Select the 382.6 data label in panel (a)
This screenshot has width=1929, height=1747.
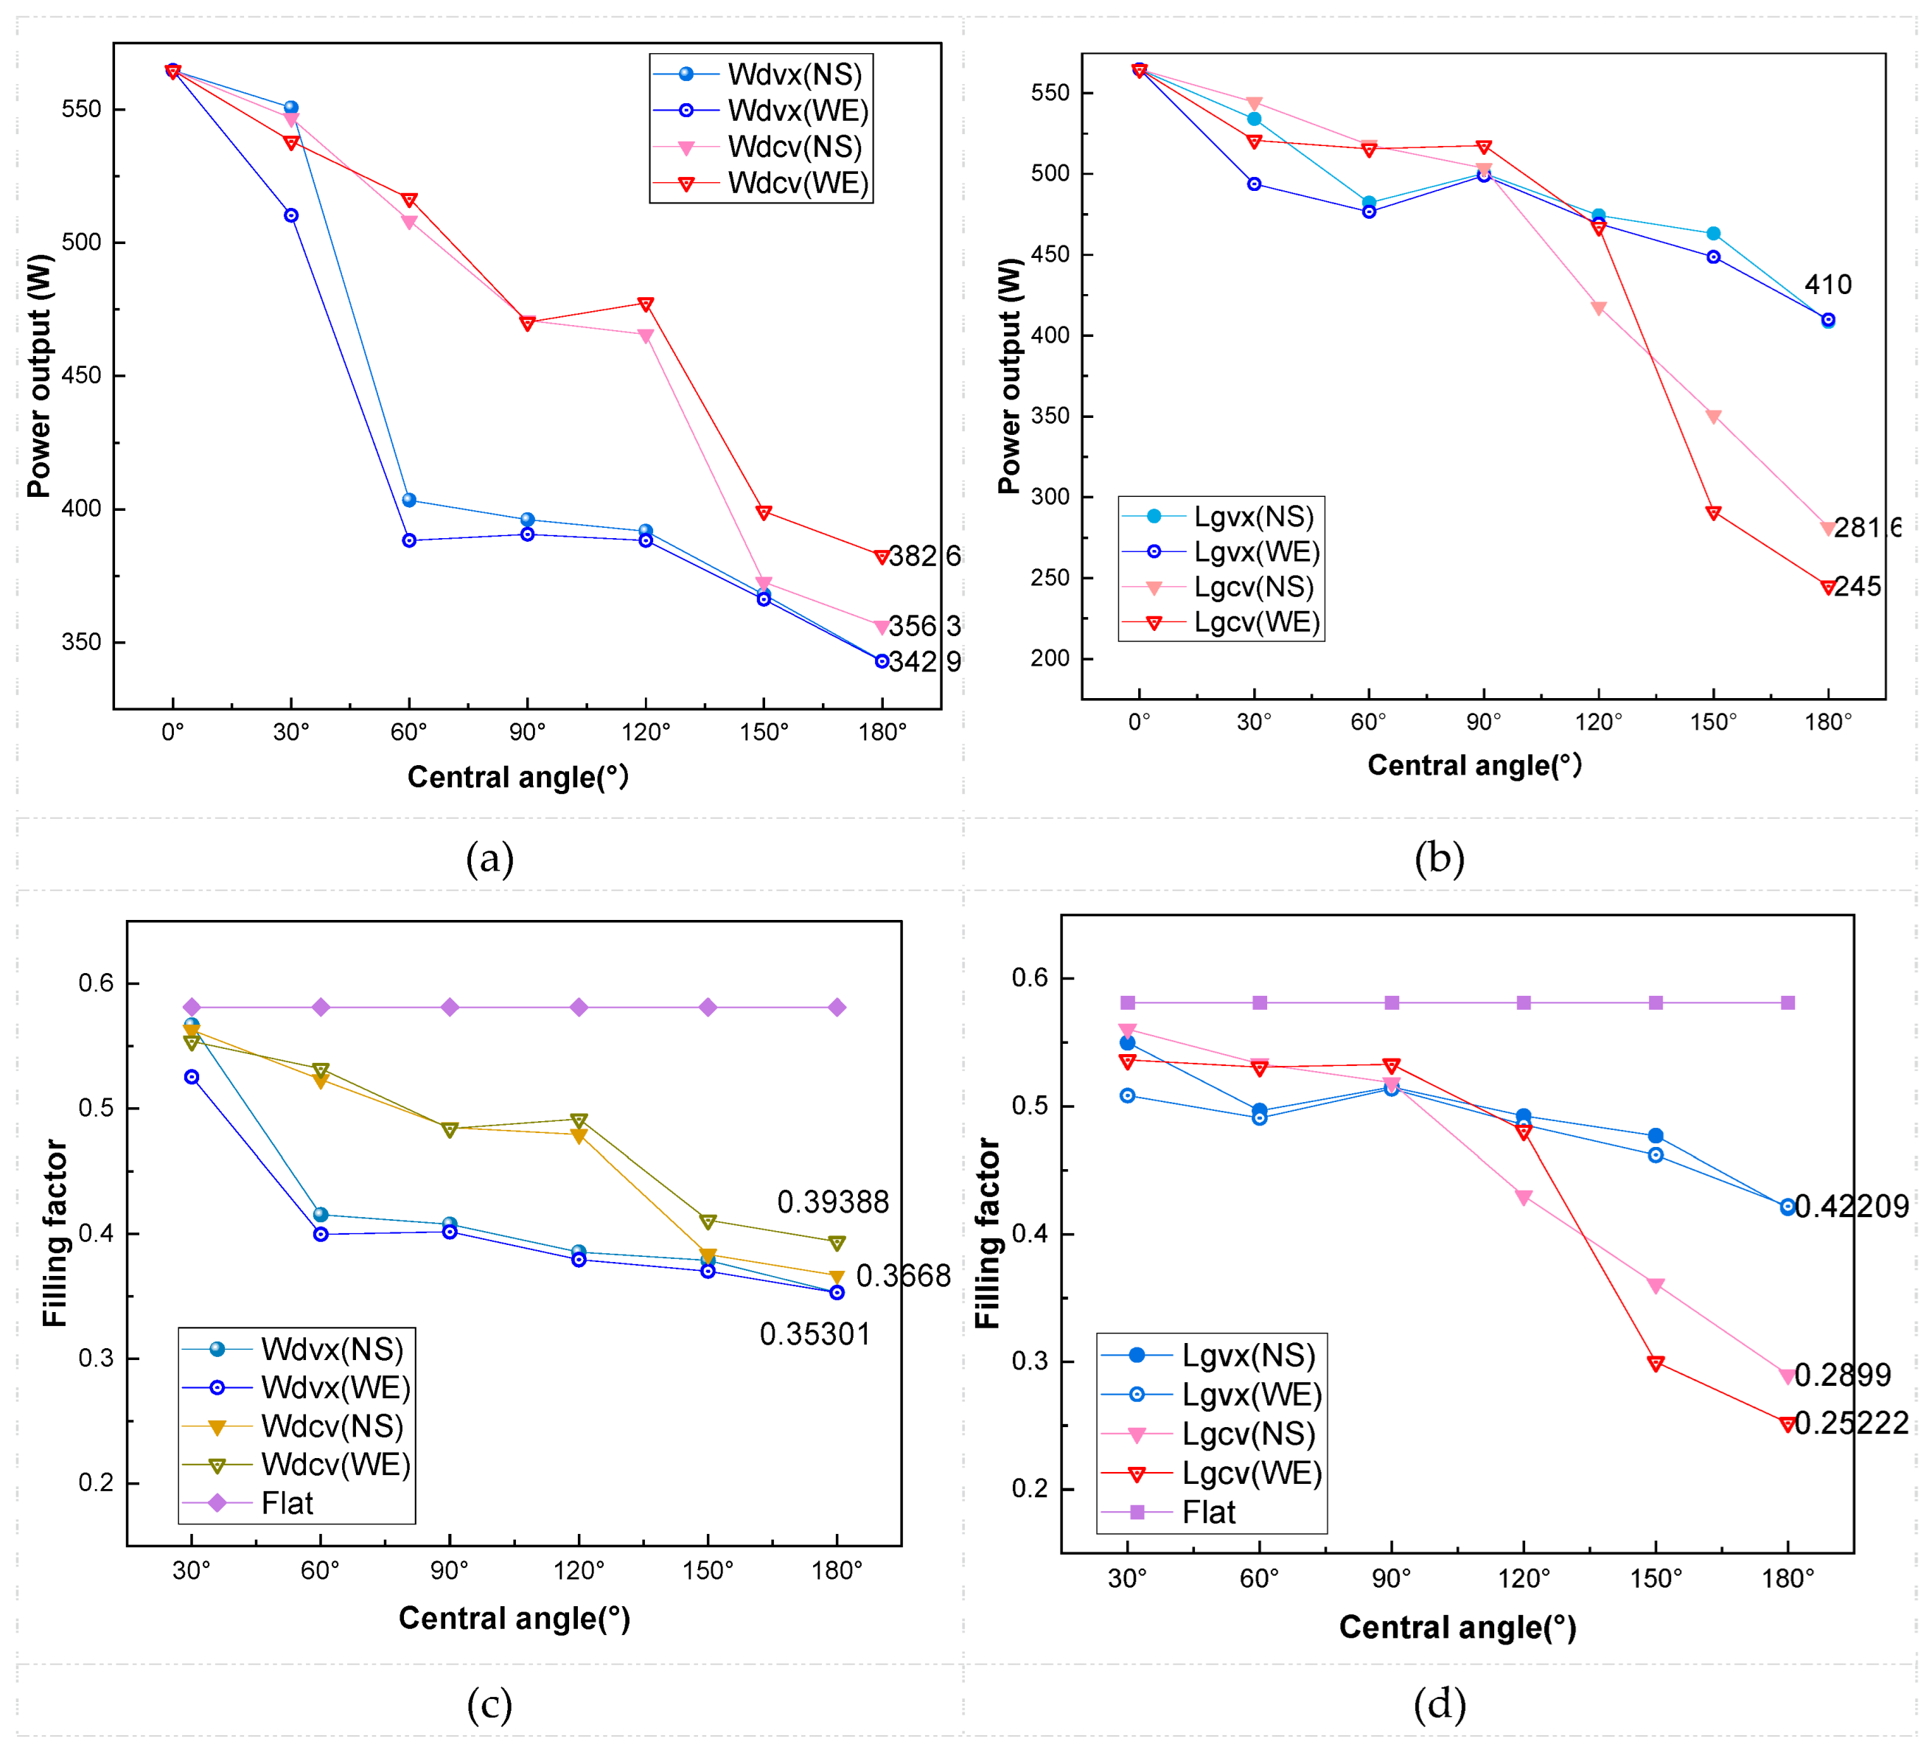[x=924, y=556]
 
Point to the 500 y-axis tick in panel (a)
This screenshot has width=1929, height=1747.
[x=80, y=242]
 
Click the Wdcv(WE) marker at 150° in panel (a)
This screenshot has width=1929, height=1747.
[x=764, y=513]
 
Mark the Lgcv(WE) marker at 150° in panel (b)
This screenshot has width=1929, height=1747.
[x=1714, y=514]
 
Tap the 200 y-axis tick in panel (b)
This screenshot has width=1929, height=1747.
[x=1050, y=658]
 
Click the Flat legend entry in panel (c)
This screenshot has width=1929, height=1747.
[x=287, y=1504]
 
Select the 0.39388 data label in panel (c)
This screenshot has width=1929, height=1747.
[x=832, y=1202]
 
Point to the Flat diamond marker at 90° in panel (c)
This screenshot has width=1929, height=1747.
[x=450, y=1008]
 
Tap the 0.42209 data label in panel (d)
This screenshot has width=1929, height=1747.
[x=1852, y=1207]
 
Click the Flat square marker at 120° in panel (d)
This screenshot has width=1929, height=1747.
[x=1524, y=1002]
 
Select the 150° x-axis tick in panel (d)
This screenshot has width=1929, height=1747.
[x=1656, y=1580]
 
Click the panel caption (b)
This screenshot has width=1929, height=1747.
[x=1439, y=858]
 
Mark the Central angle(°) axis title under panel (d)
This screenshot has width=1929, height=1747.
[x=1457, y=1628]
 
